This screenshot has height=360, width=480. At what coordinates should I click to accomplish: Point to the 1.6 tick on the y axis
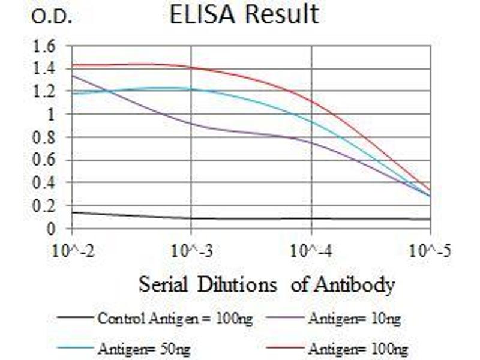coord(46,46)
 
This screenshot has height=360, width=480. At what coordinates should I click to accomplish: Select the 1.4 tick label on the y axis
coord(46,69)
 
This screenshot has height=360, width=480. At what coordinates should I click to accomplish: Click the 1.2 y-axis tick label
coord(46,92)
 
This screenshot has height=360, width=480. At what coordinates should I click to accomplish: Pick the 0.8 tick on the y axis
coord(46,137)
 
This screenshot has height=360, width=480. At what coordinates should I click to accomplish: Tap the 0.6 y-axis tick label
coord(46,160)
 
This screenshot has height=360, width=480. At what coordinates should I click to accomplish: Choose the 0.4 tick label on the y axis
coord(46,183)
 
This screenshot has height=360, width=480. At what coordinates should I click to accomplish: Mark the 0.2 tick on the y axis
coord(46,206)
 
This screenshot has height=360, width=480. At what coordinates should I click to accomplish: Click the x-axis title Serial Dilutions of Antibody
coord(267,284)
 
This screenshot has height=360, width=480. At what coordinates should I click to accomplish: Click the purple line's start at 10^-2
coord(73,76)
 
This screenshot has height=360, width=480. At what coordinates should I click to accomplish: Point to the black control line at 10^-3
coord(191,218)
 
